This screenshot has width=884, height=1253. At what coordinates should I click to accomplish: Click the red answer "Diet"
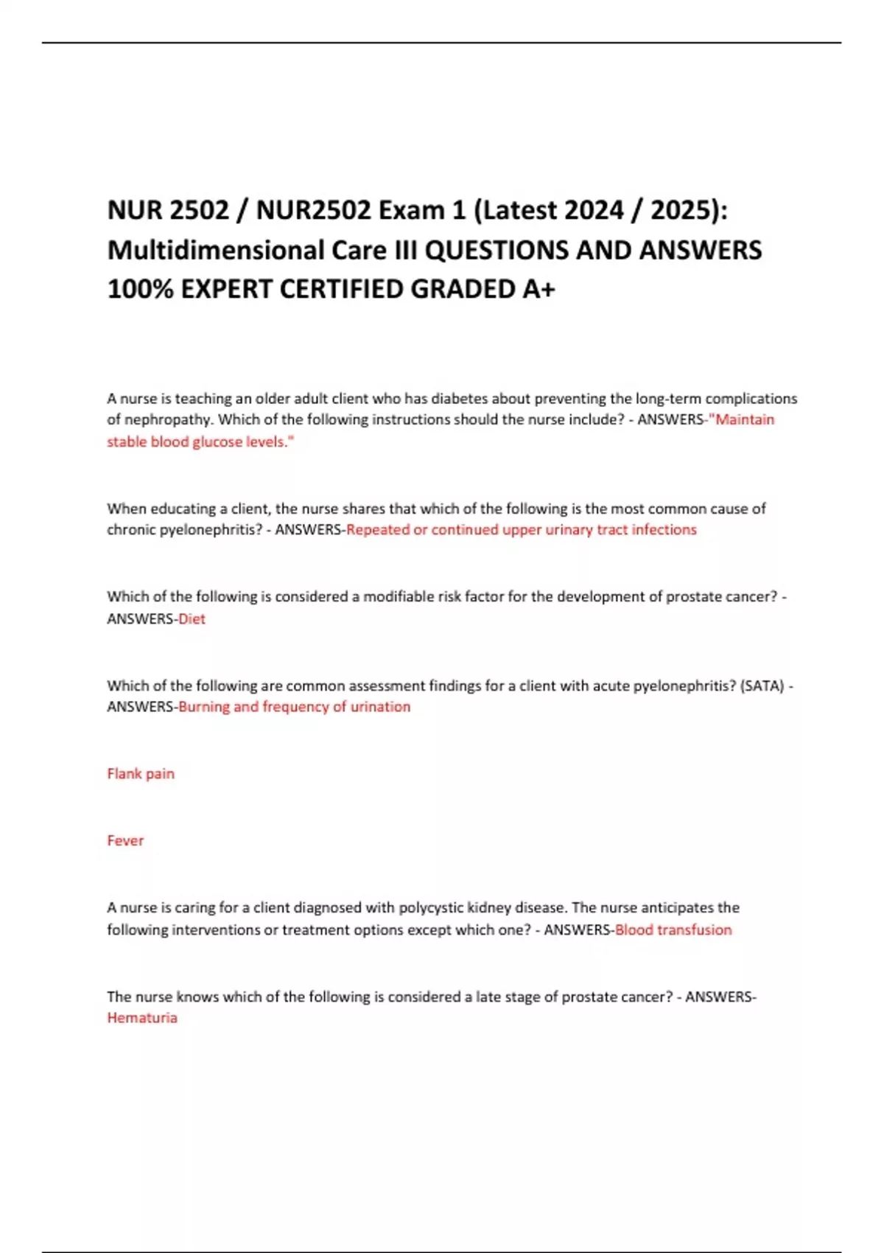coord(192,619)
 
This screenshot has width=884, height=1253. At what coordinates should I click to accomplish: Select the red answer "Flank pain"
coord(141,774)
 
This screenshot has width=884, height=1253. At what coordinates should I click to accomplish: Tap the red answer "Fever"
coord(125,841)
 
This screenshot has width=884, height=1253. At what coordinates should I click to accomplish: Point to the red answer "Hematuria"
coord(142,1018)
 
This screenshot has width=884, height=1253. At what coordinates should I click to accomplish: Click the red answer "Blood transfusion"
coord(673,930)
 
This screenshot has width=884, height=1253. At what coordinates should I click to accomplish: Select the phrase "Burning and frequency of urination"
coord(295,707)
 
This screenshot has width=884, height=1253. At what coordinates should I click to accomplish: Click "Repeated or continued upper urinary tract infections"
coord(521,530)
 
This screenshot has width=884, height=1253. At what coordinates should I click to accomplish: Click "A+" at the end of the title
coord(539,289)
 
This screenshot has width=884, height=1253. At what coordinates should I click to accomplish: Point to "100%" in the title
coord(140,289)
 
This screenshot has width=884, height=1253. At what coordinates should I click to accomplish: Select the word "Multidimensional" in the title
coord(216,250)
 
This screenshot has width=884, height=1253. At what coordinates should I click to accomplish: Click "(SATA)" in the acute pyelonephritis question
coord(762,685)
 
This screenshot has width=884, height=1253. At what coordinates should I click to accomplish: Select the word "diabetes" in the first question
coord(458,399)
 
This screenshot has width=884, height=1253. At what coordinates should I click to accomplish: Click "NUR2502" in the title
coord(314,211)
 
